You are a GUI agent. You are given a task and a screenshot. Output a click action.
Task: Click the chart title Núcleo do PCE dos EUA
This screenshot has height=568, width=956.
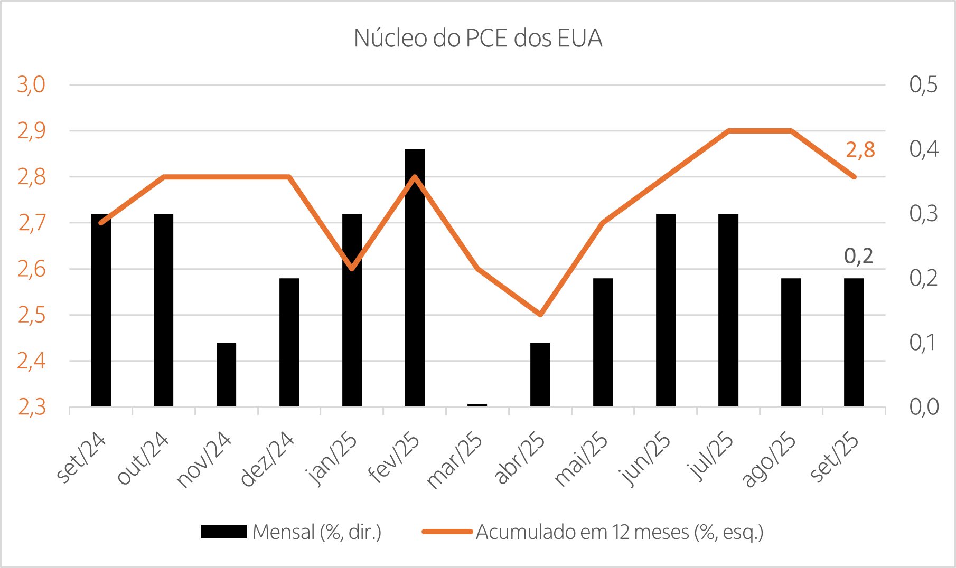(478, 39)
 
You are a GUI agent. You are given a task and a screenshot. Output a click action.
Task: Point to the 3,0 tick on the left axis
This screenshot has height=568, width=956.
(32, 84)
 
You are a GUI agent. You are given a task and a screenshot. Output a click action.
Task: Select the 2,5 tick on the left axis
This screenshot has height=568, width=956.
(32, 315)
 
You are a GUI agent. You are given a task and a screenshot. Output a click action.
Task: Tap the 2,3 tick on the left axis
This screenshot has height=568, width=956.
(32, 407)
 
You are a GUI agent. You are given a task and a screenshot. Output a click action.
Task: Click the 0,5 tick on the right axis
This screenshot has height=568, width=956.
(923, 84)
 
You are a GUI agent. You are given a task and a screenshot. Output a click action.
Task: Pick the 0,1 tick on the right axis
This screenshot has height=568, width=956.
(922, 343)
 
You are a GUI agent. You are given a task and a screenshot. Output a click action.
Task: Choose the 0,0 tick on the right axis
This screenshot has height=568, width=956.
(924, 407)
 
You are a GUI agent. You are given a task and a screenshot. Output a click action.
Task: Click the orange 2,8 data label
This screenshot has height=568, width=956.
(860, 150)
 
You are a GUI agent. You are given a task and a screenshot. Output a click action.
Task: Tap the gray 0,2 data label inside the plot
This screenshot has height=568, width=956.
(858, 256)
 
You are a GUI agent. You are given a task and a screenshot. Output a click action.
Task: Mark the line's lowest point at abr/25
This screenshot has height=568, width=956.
(540, 315)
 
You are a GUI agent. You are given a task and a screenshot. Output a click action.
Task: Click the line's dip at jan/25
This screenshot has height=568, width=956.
(352, 269)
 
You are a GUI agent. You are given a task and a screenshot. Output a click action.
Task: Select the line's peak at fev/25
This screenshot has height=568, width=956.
(415, 177)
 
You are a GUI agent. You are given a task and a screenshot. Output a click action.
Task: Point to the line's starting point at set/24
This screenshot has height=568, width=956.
(101, 223)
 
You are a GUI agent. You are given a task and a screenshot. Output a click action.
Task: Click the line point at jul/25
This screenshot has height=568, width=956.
(729, 130)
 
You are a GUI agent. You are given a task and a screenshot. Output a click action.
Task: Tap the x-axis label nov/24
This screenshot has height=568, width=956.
(204, 459)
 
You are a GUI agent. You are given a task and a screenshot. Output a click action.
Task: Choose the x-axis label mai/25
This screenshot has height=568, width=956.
(581, 459)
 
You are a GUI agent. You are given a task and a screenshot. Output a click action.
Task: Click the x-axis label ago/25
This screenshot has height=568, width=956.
(769, 459)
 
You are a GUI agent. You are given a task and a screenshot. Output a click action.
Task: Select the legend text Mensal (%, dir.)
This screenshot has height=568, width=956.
(317, 532)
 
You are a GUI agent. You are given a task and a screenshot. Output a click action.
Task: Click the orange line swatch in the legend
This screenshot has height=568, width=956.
(447, 532)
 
